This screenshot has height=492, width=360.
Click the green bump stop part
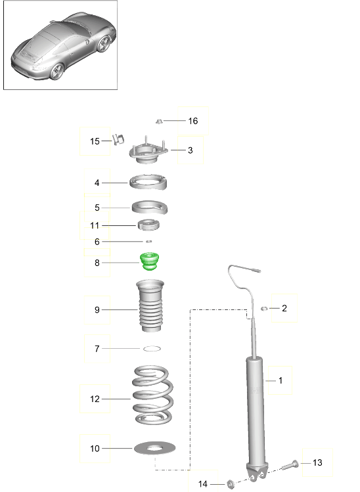[x=149, y=261]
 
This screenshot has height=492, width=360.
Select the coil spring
[x=152, y=395]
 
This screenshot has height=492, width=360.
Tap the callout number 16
[x=193, y=121]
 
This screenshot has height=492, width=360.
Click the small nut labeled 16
[x=159, y=121]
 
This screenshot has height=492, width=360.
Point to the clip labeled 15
[x=118, y=139]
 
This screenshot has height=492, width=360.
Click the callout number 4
[x=97, y=183]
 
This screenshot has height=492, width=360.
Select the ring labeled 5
[x=149, y=208]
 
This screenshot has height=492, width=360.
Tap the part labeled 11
[x=148, y=225]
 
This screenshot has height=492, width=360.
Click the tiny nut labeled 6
[x=149, y=241]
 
